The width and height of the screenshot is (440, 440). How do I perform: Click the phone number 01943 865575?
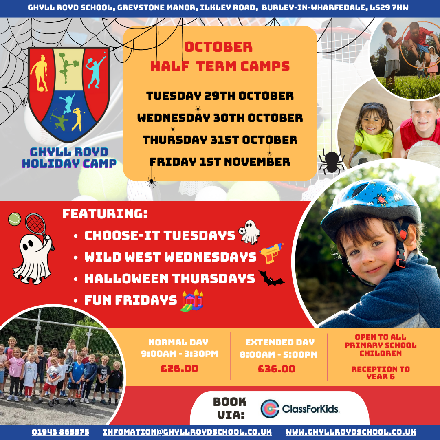(x=60, y=432)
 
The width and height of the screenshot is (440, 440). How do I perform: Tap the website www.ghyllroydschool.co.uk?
(x=351, y=432)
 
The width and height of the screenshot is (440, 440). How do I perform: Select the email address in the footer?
(x=187, y=432)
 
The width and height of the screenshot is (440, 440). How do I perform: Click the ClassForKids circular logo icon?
(x=270, y=409)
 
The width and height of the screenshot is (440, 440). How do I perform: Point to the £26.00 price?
(x=179, y=368)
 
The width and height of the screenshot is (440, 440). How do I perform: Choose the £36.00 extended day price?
(x=276, y=369)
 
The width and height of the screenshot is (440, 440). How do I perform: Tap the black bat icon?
(x=271, y=278)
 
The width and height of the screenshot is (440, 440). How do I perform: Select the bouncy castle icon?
(x=192, y=301)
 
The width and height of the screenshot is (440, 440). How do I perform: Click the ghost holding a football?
(x=249, y=232)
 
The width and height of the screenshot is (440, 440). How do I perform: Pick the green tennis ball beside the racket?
(x=15, y=219)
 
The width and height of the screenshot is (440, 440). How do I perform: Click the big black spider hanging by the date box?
(x=332, y=162)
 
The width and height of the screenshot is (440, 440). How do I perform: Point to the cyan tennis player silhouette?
(x=96, y=72)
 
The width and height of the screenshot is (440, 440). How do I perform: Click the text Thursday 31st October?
(x=220, y=140)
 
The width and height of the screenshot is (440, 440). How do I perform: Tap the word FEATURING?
(x=105, y=214)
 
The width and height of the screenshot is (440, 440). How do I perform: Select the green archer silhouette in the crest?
(x=59, y=120)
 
